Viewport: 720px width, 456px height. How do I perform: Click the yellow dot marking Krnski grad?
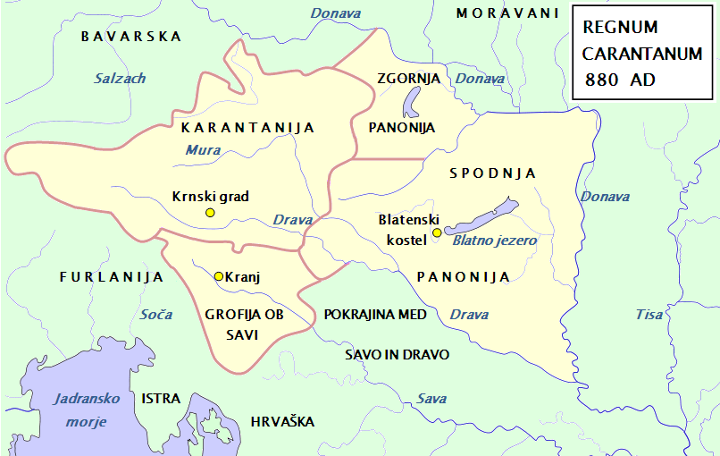pyautogui.click(x=210, y=213)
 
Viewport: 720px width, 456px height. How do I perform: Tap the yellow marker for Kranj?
pyautogui.click(x=219, y=276)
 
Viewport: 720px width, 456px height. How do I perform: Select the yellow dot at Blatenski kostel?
pyautogui.click(x=437, y=233)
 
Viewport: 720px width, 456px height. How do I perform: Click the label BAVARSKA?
pyautogui.click(x=130, y=37)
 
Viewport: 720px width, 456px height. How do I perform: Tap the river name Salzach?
pyautogui.click(x=120, y=79)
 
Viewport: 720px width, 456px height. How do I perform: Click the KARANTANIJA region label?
pyautogui.click(x=247, y=128)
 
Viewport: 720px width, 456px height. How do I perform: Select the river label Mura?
pyautogui.click(x=203, y=150)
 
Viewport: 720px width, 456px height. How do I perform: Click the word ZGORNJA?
pyautogui.click(x=409, y=79)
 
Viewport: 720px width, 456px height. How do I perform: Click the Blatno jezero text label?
pyautogui.click(x=495, y=241)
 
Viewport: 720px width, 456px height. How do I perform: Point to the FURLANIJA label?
pyautogui.click(x=112, y=277)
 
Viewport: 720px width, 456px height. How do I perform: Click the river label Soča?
pyautogui.click(x=156, y=315)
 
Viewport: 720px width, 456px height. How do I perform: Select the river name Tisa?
pyautogui.click(x=649, y=315)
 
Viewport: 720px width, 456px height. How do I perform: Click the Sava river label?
pyautogui.click(x=431, y=399)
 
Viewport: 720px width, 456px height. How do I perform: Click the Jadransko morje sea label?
pyautogui.click(x=80, y=410)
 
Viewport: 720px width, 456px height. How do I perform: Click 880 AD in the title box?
pyautogui.click(x=620, y=80)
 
